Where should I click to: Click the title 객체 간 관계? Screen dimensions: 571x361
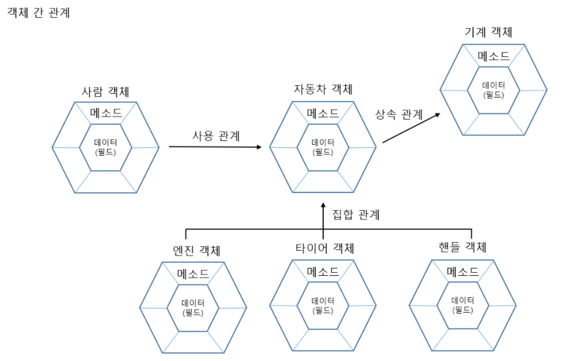coord(39,13)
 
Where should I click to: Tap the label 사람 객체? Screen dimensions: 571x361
coord(105,91)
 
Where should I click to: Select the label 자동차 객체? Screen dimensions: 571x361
coord(323,89)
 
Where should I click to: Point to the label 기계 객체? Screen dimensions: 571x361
coord(489,32)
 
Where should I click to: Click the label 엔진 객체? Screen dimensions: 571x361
coord(196,251)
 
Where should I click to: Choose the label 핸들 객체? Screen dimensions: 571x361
coord(462,248)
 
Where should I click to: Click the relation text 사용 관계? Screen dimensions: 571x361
coord(216,136)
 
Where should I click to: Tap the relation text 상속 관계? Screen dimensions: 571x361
coord(398,114)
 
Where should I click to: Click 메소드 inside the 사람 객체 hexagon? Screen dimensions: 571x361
coord(106,113)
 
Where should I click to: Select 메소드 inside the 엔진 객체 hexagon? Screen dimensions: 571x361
coord(193,273)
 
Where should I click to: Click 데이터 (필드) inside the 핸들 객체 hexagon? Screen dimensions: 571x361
coord(463,305)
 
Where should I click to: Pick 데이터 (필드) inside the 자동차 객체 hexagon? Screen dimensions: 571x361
coord(323,146)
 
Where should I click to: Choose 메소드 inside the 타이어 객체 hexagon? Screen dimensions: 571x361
coord(323,272)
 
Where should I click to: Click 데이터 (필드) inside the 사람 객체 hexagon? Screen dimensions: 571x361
coord(106,146)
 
